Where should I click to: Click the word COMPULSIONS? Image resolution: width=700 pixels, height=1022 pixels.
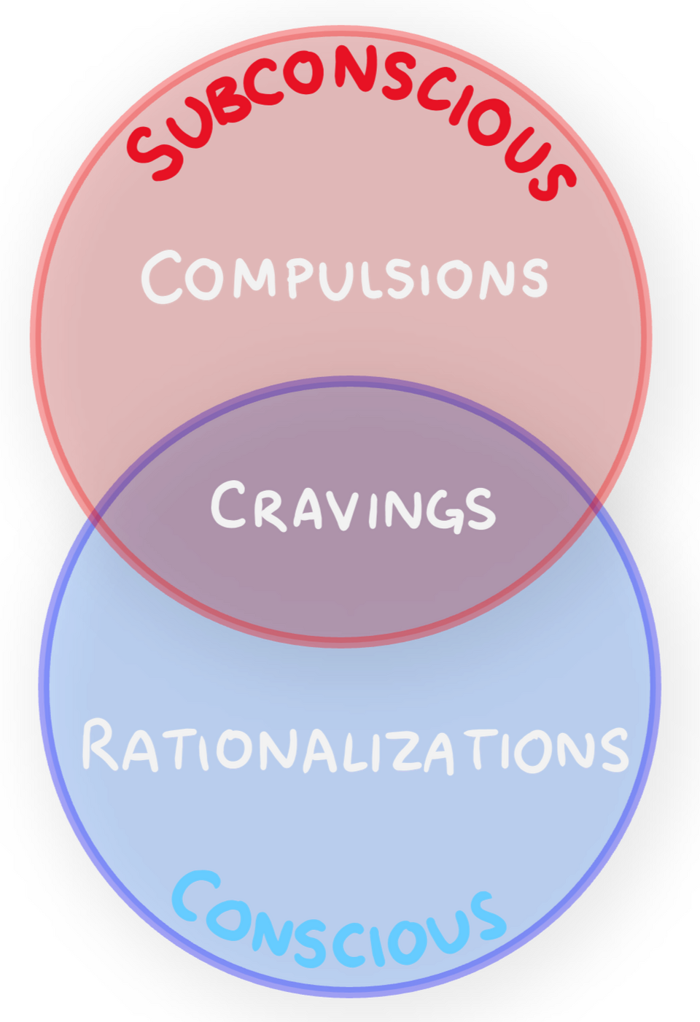click(344, 277)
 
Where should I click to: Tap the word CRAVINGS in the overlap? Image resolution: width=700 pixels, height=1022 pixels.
click(353, 506)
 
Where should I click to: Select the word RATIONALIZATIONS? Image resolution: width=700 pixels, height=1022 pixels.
click(354, 747)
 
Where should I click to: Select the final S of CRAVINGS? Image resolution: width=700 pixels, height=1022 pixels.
click(481, 508)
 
